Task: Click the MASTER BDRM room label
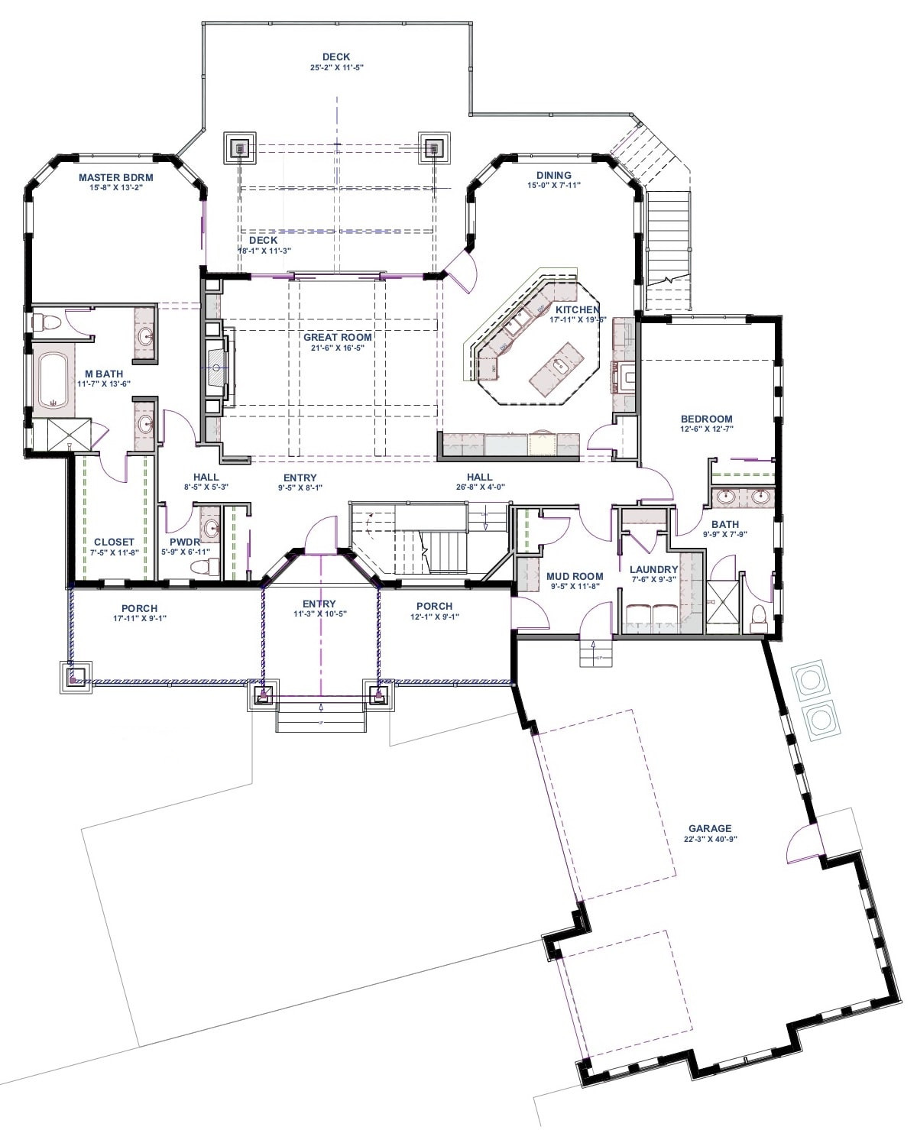pos(116,177)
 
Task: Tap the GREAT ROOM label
pos(338,337)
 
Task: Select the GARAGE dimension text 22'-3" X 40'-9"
pos(710,838)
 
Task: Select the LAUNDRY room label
pos(654,569)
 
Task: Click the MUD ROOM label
pos(575,577)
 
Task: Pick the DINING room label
pos(554,175)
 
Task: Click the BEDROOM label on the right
pos(707,419)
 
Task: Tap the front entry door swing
pos(321,534)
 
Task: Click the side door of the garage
pos(802,843)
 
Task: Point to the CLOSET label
pos(114,542)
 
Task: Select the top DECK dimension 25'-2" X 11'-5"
pos(336,67)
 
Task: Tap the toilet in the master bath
pos(47,322)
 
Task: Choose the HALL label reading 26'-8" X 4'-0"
pos(480,487)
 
